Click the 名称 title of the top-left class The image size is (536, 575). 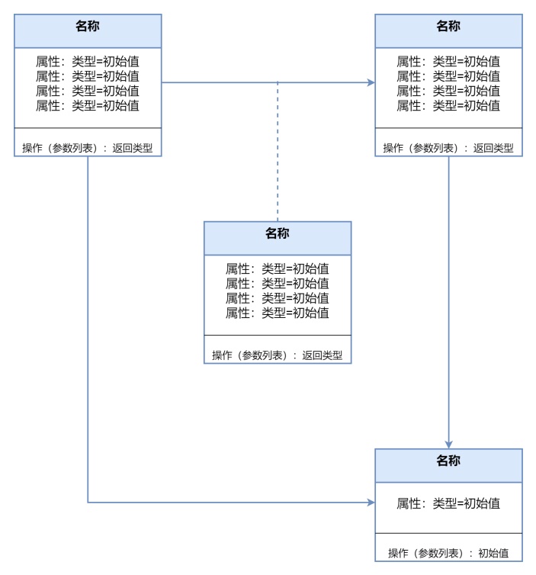click(x=88, y=27)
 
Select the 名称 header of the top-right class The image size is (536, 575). click(x=448, y=27)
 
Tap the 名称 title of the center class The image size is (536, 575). click(x=278, y=234)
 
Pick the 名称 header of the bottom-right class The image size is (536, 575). click(x=448, y=461)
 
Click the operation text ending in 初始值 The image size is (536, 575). click(x=448, y=553)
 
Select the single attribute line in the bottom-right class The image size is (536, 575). click(x=448, y=503)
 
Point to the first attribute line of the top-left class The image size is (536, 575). click(x=88, y=61)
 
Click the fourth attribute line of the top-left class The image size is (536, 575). click(x=88, y=105)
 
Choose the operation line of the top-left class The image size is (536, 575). click(x=88, y=148)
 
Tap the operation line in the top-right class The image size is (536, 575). click(x=448, y=148)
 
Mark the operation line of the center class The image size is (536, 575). click(x=278, y=355)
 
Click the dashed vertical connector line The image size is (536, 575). click(x=278, y=153)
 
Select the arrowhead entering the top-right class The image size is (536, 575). click(x=371, y=82)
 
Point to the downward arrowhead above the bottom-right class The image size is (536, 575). click(x=448, y=444)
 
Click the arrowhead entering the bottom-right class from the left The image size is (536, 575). click(x=371, y=503)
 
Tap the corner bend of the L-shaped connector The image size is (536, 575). click(x=88, y=503)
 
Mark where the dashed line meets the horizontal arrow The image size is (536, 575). click(x=278, y=82)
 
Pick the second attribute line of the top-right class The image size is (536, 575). click(x=448, y=76)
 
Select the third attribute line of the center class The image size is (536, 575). click(x=278, y=297)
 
